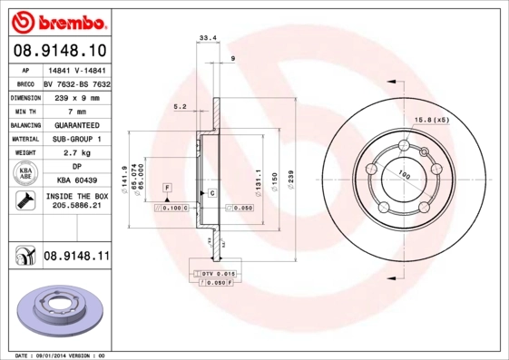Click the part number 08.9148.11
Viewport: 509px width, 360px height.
76,258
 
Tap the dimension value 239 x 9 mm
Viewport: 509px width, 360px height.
76,96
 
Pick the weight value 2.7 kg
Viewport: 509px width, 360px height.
76,154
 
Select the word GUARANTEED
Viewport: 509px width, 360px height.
76,125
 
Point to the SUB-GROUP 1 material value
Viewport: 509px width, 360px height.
76,140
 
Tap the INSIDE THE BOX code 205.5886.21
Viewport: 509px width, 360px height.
76,207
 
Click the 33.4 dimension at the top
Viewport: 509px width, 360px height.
208,38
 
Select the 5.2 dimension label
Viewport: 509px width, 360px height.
180,107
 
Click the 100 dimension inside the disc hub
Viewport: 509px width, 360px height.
403,176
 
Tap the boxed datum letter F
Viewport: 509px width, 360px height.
168,187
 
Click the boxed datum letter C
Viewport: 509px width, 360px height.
211,194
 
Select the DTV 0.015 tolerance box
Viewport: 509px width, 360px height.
218,273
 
